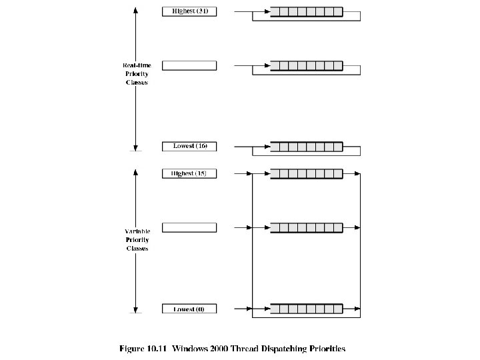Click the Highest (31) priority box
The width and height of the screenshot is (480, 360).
pos(189,11)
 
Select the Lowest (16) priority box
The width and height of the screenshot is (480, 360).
pos(189,146)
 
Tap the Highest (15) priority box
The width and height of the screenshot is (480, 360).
pos(189,173)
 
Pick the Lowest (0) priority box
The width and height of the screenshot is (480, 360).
pos(189,309)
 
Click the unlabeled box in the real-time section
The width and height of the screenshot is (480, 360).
pos(189,65)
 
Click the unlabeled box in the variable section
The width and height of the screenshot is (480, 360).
pos(189,227)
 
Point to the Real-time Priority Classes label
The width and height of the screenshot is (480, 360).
pos(137,73)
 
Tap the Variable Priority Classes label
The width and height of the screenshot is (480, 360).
pos(137,240)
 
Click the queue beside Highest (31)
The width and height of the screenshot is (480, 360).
pos(307,11)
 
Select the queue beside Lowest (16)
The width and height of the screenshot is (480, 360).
pos(307,146)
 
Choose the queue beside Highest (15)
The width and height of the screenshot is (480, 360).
pos(307,173)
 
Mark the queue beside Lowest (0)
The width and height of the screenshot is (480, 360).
pos(307,309)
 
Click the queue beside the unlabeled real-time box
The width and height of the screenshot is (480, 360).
pos(307,65)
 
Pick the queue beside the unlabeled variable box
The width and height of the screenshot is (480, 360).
pos(307,227)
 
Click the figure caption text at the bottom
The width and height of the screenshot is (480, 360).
pos(232,348)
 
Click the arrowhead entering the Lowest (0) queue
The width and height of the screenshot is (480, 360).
pos(267,309)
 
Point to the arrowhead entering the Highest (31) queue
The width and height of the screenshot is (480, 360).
pos(267,11)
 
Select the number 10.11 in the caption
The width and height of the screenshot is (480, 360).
pos(159,348)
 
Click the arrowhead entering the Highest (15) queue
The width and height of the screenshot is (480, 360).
pos(267,173)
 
